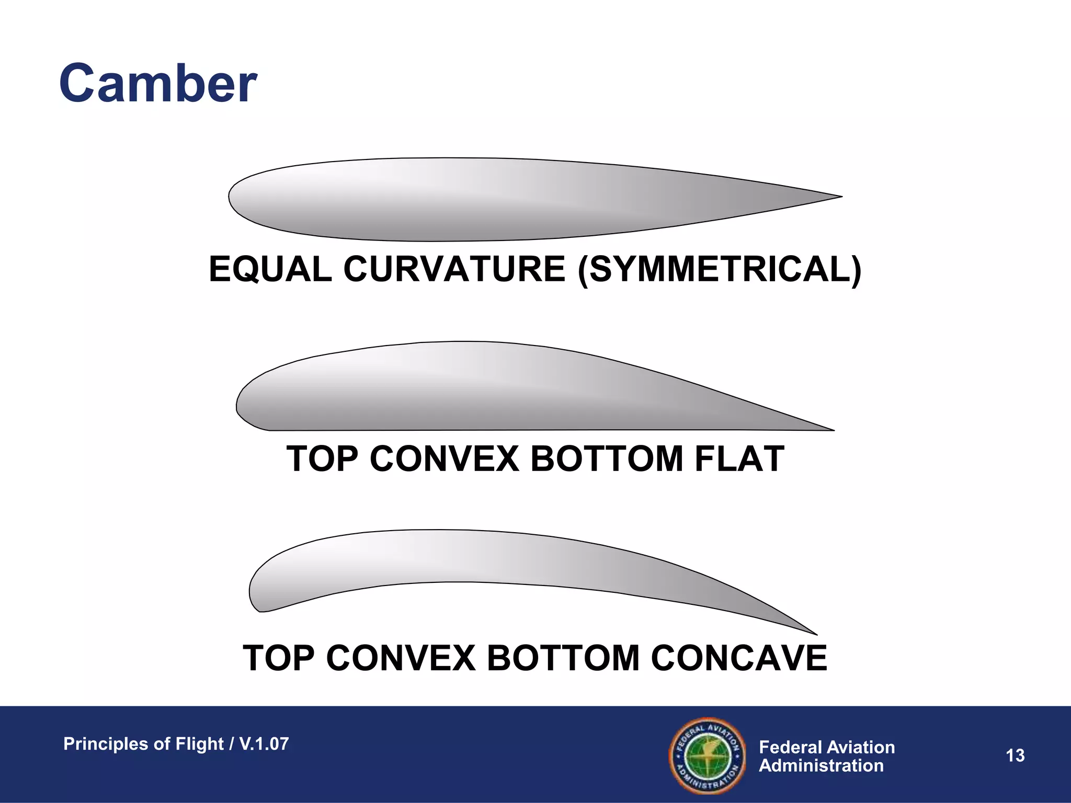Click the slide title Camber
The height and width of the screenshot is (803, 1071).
pos(158,84)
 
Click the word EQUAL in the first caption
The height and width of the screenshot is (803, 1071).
pos(270,270)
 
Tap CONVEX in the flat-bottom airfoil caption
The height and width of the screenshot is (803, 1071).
pos(444,459)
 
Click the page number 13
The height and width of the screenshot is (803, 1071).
pos(1015,755)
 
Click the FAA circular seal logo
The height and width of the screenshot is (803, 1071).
pos(708,755)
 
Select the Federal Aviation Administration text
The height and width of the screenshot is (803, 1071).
pos(826,756)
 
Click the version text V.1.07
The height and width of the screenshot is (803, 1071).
pos(264,744)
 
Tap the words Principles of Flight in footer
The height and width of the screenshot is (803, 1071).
pos(143,744)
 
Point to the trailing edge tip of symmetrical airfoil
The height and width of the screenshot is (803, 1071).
pos(839,197)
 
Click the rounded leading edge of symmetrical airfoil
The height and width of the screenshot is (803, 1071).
pos(231,197)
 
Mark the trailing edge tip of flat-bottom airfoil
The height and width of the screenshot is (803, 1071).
pos(831,430)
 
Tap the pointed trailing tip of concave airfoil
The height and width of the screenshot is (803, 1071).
pos(815,634)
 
